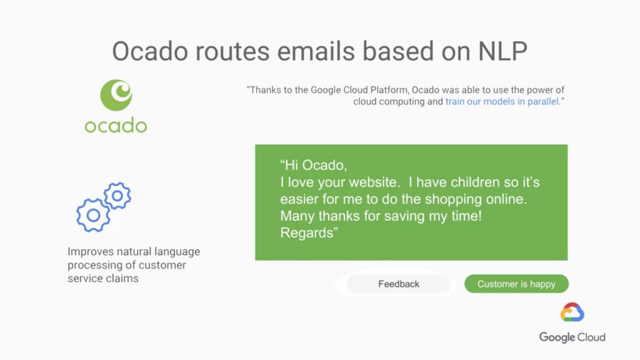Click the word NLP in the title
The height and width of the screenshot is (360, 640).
502,51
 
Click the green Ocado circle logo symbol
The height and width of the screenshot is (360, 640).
116,95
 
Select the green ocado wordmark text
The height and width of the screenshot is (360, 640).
116,125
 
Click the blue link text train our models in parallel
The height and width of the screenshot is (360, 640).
502,102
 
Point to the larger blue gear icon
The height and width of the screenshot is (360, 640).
93,215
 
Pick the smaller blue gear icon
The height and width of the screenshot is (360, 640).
117,196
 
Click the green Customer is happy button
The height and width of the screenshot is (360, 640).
516,284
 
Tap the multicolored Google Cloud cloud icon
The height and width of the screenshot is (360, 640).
572,312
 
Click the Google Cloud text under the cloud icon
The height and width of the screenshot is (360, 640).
572,337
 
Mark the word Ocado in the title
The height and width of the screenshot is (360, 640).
150,51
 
